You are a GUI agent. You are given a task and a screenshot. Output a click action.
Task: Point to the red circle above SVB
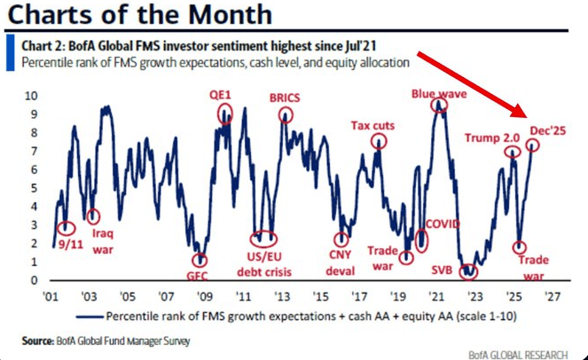coord(468,270)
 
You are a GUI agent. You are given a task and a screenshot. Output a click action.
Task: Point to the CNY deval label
coord(341,264)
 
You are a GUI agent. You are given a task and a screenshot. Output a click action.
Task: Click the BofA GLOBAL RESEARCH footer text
coord(518,355)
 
